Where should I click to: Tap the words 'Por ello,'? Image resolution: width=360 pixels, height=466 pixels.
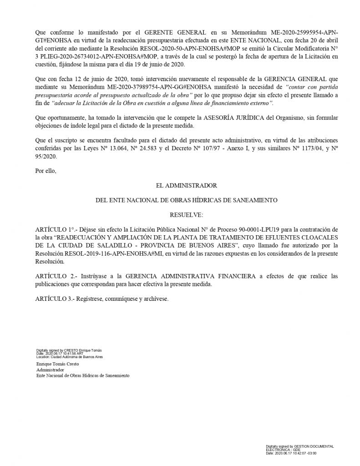[x=45, y=171]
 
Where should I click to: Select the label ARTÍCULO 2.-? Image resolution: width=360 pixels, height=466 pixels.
[x=53, y=277]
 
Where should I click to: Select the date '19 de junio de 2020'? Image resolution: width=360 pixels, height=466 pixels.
[x=158, y=64]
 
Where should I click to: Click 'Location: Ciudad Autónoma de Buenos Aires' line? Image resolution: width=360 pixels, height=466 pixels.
[x=69, y=357]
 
